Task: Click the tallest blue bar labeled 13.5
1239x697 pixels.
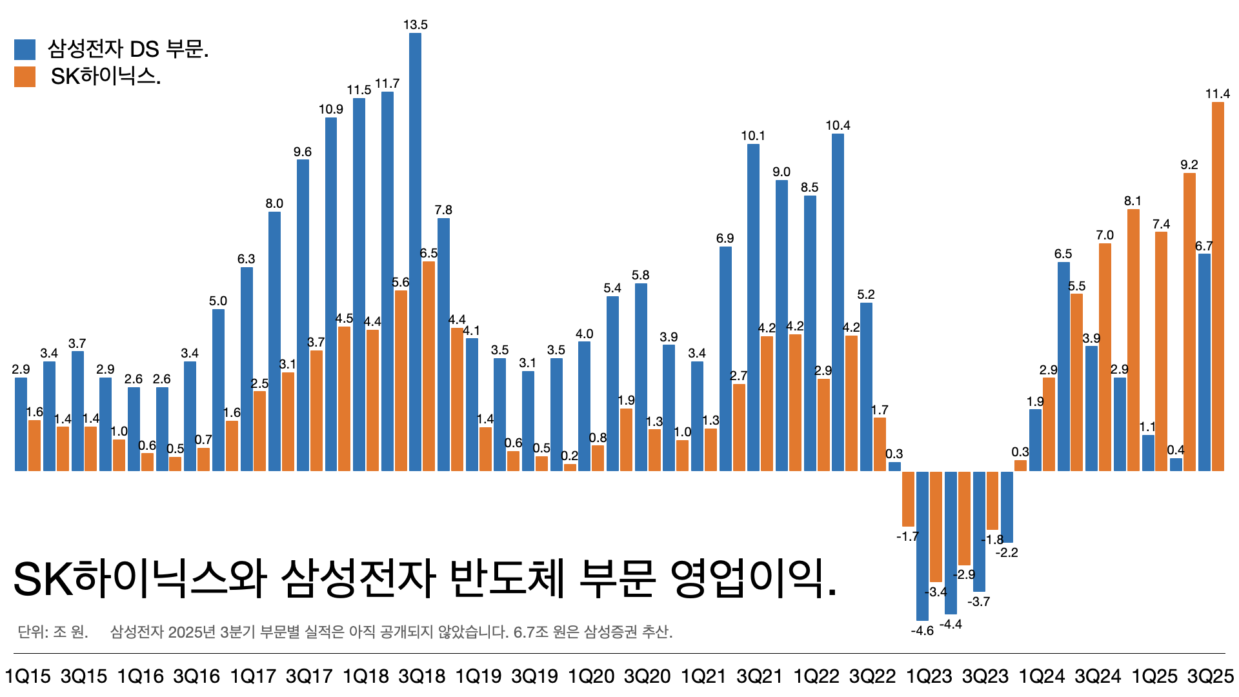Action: [x=415, y=252]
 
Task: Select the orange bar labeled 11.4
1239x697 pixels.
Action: [x=1217, y=287]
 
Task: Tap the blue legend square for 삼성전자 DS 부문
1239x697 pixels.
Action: [x=25, y=50]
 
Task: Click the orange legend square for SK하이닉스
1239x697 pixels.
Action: [x=25, y=77]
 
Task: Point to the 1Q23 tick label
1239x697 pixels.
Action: [x=929, y=676]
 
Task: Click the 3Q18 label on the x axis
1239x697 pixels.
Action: [x=421, y=676]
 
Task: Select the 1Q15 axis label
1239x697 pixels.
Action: [x=27, y=676]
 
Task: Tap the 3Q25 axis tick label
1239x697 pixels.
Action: [x=1211, y=676]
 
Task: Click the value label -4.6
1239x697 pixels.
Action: [x=922, y=631]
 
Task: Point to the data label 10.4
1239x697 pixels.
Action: [x=838, y=125]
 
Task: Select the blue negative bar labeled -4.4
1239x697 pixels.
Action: [x=951, y=542]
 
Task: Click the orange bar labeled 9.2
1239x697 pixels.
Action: [x=1189, y=322]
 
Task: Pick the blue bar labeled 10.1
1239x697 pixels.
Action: [x=753, y=307]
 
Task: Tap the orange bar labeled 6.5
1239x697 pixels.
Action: [x=428, y=366]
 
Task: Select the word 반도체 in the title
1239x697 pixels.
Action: [x=507, y=578]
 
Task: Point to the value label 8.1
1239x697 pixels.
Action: [x=1133, y=201]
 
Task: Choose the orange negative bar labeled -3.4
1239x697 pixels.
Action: [x=936, y=526]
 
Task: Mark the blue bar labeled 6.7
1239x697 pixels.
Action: [x=1204, y=362]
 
